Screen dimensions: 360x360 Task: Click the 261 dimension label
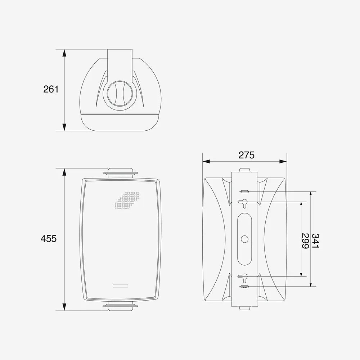click(x=51, y=89)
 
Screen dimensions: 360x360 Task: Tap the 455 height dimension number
click(x=49, y=239)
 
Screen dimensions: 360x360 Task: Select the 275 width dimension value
click(x=246, y=155)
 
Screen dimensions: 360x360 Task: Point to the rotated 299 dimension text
click(x=305, y=241)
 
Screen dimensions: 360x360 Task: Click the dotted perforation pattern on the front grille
click(x=127, y=201)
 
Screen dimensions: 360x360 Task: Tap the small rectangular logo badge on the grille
click(x=121, y=286)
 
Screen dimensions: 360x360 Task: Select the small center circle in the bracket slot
click(x=244, y=239)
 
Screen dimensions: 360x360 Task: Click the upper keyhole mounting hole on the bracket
click(x=243, y=203)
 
